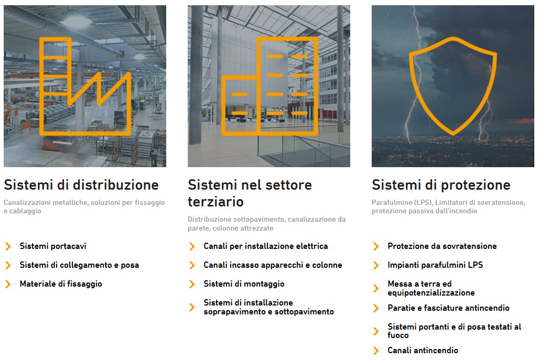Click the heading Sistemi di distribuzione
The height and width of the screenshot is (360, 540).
pos(81,185)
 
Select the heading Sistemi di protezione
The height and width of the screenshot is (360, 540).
pos(441,185)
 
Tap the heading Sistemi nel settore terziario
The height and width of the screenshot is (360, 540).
pos(250,193)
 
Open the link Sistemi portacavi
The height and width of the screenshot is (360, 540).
pos(53,246)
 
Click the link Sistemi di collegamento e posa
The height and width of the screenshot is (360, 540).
pos(79,265)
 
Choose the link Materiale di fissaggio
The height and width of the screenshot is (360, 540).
pos(61,284)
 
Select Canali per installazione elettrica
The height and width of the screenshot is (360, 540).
pos(265,246)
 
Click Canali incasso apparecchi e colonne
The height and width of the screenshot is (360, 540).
pos(273,265)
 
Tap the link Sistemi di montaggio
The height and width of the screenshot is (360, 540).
pos(244,284)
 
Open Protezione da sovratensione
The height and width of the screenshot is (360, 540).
pos(442,246)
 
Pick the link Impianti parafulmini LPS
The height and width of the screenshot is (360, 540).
pos(435,265)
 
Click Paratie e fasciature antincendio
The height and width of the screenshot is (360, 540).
pos(448,308)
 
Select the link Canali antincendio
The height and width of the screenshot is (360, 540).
pos(423,351)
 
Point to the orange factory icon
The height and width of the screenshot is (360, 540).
pos(42,86)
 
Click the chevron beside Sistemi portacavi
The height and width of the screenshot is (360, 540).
pos(8,246)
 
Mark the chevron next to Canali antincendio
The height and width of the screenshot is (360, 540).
pos(376,351)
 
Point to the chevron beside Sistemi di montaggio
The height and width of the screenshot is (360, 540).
pos(192,285)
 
